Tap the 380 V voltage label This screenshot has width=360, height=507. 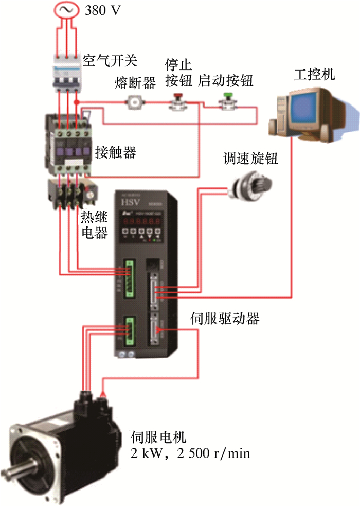tap(103, 10)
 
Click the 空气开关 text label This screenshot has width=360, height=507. tap(110, 61)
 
